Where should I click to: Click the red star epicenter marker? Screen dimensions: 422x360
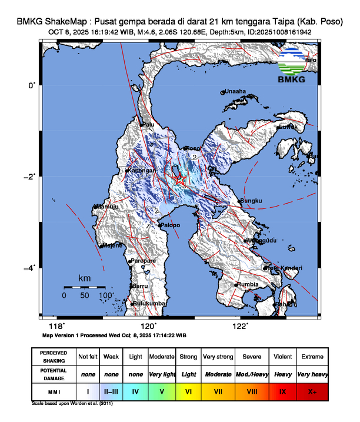pos(181,180)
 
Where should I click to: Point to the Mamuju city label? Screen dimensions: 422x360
pos(106,207)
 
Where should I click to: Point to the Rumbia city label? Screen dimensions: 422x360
pos(248,285)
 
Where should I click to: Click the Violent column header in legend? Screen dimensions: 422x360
pos(281,357)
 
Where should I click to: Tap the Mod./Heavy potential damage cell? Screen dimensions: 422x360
pos(251,374)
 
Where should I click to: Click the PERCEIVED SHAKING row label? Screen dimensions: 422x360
pos(54,357)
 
